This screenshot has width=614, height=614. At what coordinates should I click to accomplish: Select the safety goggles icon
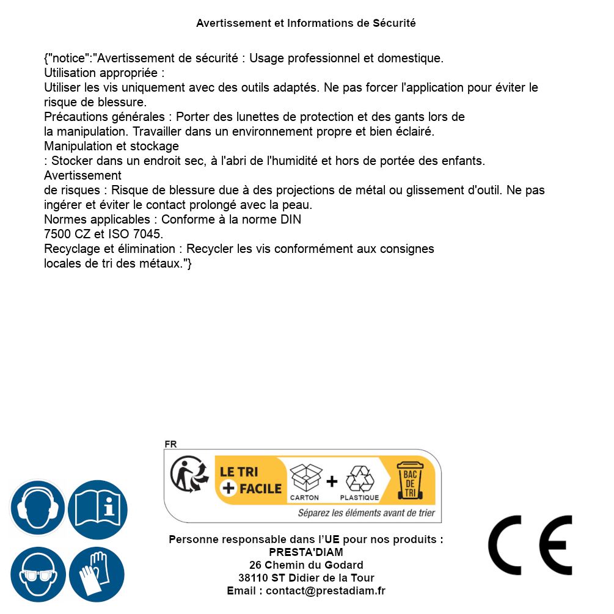point(38,575)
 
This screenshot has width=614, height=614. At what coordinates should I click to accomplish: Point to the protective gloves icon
point(97,575)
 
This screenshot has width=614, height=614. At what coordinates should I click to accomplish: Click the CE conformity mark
point(530,545)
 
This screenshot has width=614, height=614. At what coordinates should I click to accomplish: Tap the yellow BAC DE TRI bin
point(409,480)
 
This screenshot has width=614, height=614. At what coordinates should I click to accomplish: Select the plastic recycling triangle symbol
point(359,479)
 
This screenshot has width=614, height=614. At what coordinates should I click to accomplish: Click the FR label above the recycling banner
point(170,444)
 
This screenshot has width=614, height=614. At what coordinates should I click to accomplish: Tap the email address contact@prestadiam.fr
point(326,591)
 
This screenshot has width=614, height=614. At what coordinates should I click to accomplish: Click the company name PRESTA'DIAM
point(306,552)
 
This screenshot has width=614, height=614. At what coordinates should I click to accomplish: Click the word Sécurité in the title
point(394,23)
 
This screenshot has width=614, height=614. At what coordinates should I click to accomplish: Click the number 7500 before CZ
point(57,234)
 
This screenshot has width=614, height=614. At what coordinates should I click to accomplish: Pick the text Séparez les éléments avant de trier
point(367,513)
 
